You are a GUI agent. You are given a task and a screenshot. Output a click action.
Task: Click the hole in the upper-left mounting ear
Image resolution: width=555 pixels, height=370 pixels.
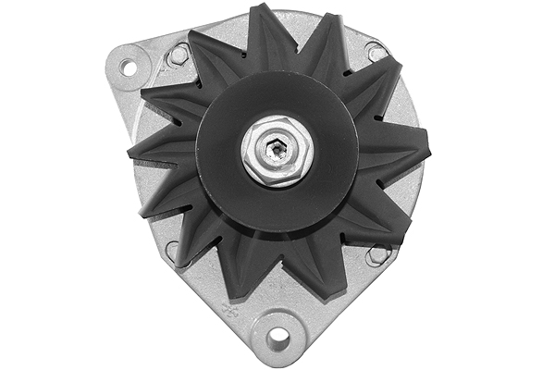128,68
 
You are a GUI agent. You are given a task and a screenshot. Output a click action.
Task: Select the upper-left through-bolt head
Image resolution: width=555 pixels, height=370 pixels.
179,56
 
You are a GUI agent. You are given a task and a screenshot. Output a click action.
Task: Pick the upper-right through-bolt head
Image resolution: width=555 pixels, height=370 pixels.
376,54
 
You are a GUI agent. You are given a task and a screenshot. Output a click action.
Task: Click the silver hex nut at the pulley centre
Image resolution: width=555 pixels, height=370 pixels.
277,148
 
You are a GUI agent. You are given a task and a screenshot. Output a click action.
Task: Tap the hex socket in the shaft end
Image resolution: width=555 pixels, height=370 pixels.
277,147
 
